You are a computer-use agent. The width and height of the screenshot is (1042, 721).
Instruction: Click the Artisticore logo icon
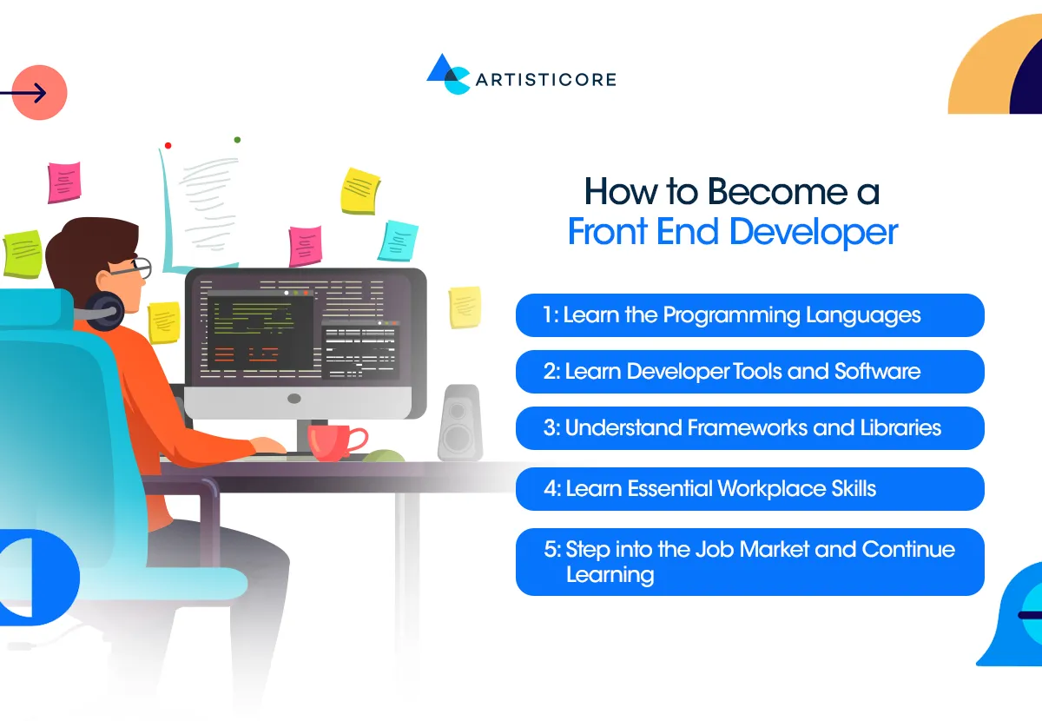[447, 74]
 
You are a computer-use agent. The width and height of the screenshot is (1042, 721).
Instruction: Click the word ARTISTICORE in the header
[545, 80]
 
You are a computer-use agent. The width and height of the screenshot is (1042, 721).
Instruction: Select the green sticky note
[23, 253]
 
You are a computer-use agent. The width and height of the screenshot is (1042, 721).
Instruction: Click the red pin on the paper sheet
[168, 145]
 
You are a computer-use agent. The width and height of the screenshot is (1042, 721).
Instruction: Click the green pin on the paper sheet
[237, 139]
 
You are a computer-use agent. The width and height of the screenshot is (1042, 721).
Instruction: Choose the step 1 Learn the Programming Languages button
[749, 314]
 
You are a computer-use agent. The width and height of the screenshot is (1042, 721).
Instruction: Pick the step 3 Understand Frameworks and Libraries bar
[749, 427]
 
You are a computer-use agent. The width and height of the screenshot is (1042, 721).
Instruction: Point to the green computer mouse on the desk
[383, 455]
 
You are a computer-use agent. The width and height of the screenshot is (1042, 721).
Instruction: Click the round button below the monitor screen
[294, 399]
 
